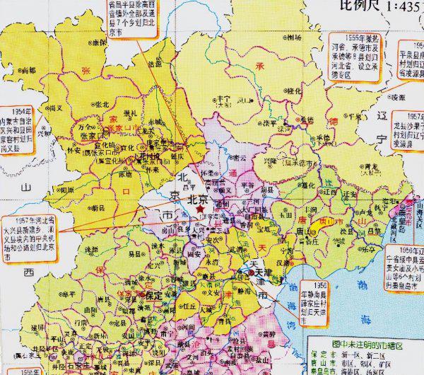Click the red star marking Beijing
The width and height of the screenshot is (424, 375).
coord(199,211)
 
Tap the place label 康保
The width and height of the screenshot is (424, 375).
coord(100,42)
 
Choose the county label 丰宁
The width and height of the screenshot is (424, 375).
coord(224,99)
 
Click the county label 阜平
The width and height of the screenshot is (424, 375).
coord(69,294)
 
